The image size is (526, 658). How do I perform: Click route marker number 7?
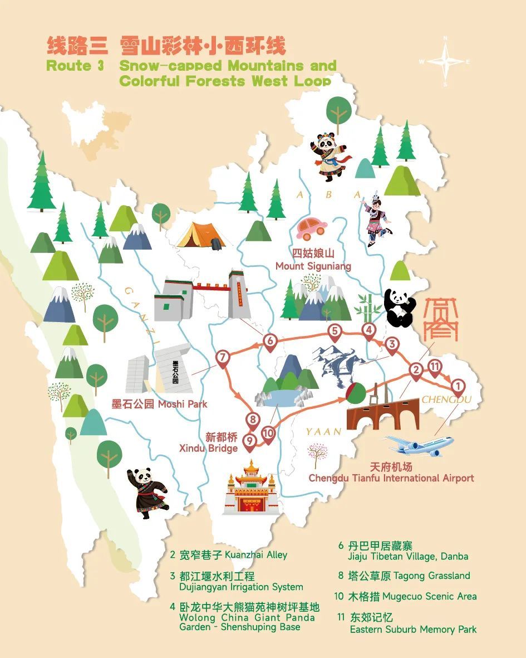pyautogui.click(x=223, y=358)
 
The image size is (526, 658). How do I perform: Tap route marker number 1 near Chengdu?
pyautogui.click(x=458, y=386)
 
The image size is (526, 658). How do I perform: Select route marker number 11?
pyautogui.click(x=435, y=367)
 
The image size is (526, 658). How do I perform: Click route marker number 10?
pyautogui.click(x=268, y=433)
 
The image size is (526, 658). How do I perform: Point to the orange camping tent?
pyautogui.click(x=201, y=235)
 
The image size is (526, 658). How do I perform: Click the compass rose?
pyautogui.click(x=445, y=61)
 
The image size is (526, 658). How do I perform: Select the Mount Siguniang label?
pyautogui.click(x=313, y=261)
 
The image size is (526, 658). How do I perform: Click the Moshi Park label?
pyautogui.click(x=159, y=404)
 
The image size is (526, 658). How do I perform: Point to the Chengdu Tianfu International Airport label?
pyautogui.click(x=391, y=472)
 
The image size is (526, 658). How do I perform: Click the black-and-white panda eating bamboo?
pyautogui.click(x=399, y=307)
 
